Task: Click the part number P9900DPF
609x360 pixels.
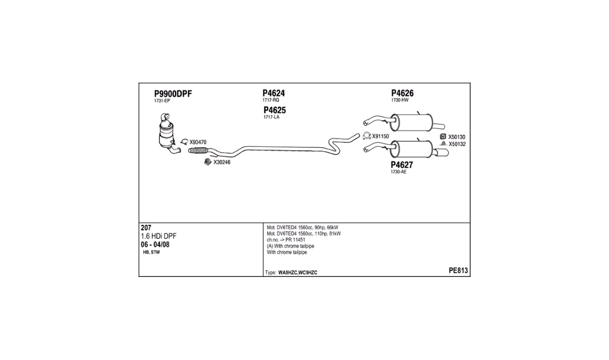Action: coord(173,94)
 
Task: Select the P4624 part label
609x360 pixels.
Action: coord(273,93)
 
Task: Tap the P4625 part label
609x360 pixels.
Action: coord(275,110)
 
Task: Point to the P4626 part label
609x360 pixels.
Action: coord(402,93)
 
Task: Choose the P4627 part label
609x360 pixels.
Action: coord(401,164)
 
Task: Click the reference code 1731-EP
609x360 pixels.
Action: coord(162,101)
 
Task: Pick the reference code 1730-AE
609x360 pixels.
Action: coord(399,172)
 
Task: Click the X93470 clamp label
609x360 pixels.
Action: coord(198,142)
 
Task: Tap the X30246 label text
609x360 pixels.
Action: coord(222,162)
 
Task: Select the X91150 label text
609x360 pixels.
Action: coord(381,136)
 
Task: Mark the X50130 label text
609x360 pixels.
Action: coord(457,137)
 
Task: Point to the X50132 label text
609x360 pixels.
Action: coord(457,144)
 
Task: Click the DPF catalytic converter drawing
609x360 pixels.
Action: coord(167,133)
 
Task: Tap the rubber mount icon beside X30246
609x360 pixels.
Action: coord(208,162)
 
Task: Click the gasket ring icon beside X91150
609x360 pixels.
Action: coord(367,136)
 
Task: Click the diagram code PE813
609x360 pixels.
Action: coord(458,271)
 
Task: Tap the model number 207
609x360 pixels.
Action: coord(146,228)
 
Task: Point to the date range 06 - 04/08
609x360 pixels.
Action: coord(155,245)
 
